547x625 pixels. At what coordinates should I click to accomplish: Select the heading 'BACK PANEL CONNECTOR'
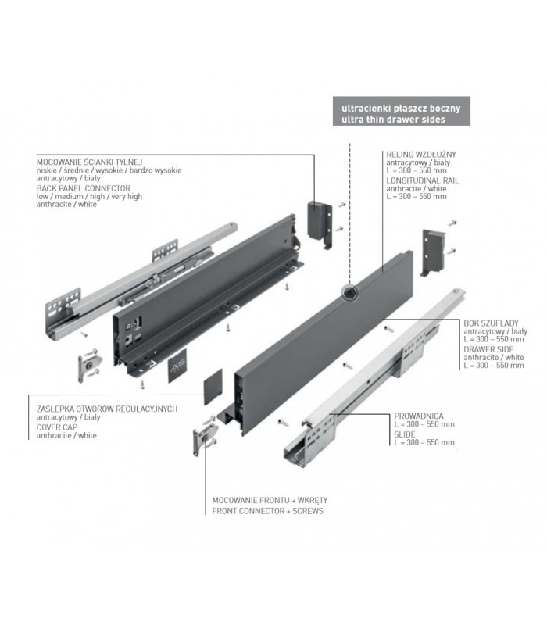pos(84,188)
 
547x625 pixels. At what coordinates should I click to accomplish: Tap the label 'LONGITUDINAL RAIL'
pos(423,180)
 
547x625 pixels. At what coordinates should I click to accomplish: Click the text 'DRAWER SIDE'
pos(488,349)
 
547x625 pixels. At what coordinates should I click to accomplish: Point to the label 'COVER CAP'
pos(57,427)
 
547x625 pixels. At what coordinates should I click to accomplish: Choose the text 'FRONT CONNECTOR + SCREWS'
pos(267,511)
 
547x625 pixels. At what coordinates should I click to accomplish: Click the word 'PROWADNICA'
pos(419,416)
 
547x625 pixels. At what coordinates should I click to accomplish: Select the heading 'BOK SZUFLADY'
pos(491,323)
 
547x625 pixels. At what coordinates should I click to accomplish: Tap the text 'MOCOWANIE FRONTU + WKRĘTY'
pos(270,500)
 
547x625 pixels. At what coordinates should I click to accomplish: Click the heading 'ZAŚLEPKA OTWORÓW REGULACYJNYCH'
pos(107,409)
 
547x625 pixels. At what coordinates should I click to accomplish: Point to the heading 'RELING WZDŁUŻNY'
pos(421,154)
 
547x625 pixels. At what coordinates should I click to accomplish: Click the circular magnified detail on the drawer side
pos(349,293)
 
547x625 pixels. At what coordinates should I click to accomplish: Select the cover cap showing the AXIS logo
pos(177,366)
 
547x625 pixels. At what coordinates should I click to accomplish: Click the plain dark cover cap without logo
pos(213,387)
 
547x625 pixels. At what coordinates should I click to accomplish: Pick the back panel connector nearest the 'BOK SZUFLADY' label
pos(434,252)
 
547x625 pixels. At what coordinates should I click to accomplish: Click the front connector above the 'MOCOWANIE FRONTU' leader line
pos(205,436)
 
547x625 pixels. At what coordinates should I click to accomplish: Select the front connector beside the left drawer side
pos(90,365)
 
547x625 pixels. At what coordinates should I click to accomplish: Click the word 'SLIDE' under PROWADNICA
pos(405,434)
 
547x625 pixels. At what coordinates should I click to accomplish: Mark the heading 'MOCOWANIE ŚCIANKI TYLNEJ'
pos(89,162)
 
